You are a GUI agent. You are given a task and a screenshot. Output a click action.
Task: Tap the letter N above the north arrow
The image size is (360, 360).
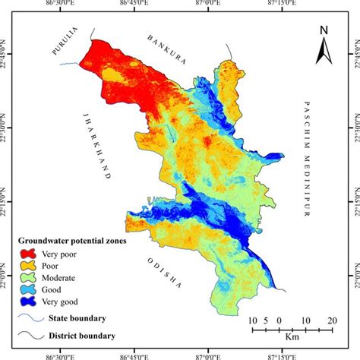coord(324,30)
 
